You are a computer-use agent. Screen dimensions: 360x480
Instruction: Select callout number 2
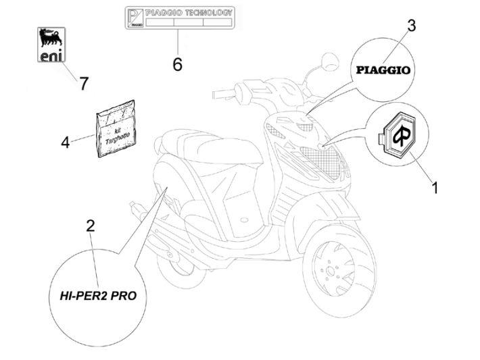point(90,226)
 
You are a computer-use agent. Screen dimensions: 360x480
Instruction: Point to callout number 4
point(66,142)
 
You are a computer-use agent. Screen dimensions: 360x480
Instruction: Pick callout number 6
point(177,64)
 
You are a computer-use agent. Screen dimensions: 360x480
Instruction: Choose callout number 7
point(83,84)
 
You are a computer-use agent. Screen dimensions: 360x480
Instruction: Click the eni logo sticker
point(51,45)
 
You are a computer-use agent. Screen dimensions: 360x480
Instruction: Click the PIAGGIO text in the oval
point(383,69)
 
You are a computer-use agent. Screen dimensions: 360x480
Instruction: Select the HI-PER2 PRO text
point(98,295)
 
